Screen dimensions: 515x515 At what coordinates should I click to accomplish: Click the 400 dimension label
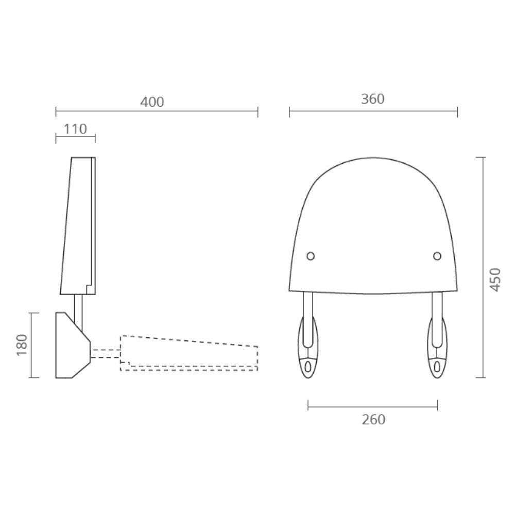coord(152,102)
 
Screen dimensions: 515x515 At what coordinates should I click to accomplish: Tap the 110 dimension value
coord(75,129)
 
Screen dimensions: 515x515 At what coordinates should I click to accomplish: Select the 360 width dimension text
coord(373,99)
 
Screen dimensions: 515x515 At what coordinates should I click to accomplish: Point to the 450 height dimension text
coord(495,280)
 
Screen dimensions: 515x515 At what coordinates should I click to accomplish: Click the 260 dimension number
coord(373,420)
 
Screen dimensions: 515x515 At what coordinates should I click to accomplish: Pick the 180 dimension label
coord(22,345)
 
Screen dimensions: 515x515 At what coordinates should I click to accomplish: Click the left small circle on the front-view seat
coord(311,256)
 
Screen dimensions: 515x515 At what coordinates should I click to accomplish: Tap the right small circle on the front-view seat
coord(437,256)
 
